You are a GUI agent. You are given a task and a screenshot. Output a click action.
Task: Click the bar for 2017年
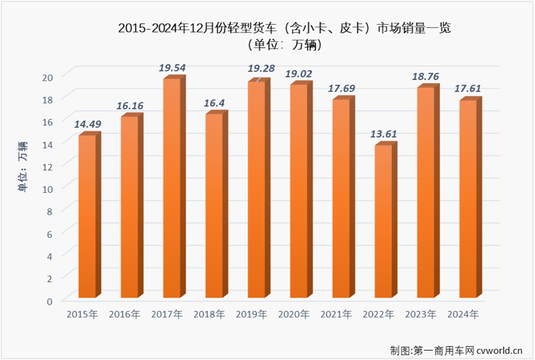(x=172, y=188)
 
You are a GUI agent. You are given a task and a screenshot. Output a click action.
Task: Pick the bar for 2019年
(x=257, y=190)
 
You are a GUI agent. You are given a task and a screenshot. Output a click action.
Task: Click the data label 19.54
(x=173, y=68)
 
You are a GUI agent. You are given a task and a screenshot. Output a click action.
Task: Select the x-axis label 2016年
(x=124, y=315)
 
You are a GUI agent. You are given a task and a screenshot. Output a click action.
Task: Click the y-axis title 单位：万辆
(x=23, y=166)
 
